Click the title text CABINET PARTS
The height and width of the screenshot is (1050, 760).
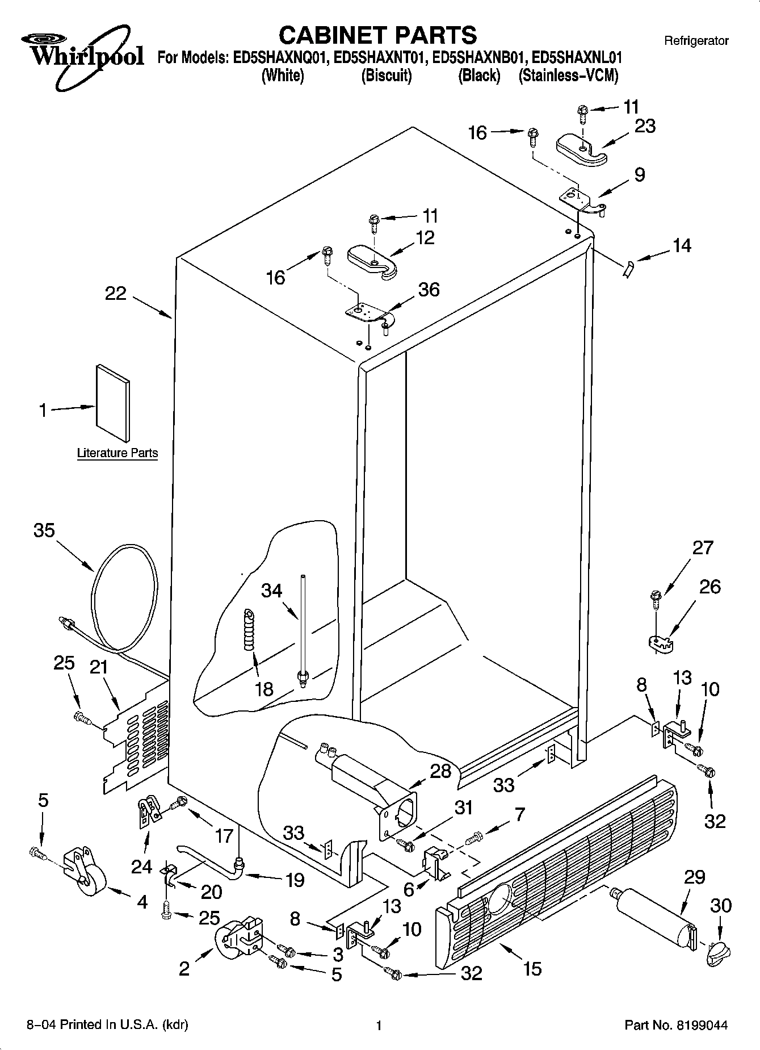(378, 35)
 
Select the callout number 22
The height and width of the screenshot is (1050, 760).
(116, 294)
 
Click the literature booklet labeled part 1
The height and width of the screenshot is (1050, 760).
(112, 403)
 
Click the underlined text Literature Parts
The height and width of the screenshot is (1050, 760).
(117, 453)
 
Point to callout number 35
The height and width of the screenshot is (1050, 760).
(44, 530)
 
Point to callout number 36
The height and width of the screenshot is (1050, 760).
(429, 290)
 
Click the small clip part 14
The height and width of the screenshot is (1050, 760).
(628, 267)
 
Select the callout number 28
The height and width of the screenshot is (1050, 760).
(440, 771)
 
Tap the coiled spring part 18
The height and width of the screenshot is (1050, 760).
(249, 630)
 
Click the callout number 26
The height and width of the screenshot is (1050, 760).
(709, 587)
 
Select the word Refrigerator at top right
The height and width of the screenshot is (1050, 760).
(696, 40)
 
